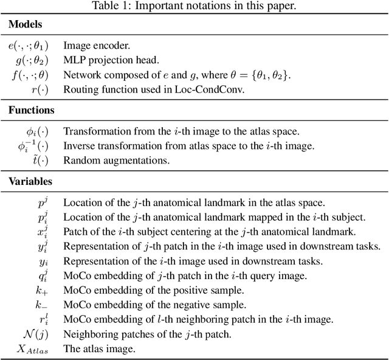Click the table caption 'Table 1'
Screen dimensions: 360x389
(x=194, y=7)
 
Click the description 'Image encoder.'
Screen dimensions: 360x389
(x=95, y=46)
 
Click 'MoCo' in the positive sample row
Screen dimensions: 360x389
(x=77, y=290)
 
